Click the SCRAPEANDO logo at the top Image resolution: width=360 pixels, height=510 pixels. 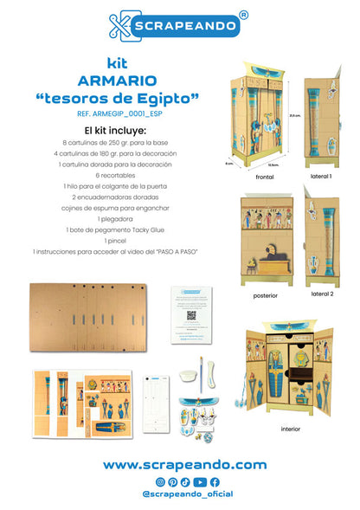click(179, 25)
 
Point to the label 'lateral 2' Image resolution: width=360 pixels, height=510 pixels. click(322, 295)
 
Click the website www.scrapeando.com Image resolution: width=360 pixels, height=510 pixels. click(185, 465)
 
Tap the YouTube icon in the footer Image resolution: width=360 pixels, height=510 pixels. click(200, 481)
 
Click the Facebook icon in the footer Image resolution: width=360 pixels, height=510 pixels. click(215, 481)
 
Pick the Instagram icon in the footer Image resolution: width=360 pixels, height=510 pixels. click(160, 481)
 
